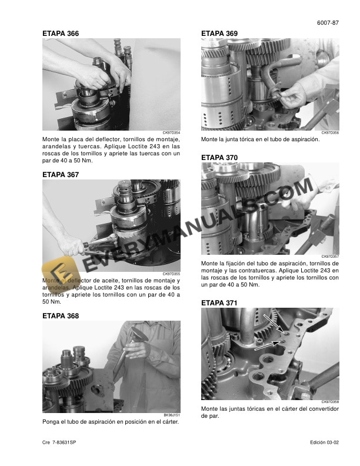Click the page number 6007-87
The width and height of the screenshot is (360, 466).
pyautogui.click(x=328, y=23)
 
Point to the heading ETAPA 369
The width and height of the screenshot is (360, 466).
pyautogui.click(x=219, y=34)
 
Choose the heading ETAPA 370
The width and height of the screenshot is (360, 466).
pyautogui.click(x=219, y=158)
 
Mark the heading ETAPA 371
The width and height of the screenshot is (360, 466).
pyautogui.click(x=219, y=303)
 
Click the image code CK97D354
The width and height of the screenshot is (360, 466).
pyautogui.click(x=171, y=133)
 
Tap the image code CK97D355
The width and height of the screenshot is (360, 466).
pyautogui.click(x=171, y=274)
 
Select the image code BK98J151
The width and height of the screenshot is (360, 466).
pyautogui.click(x=171, y=415)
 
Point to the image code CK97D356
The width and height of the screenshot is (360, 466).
pyautogui.click(x=330, y=133)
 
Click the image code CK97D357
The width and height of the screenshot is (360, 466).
pyautogui.click(x=330, y=257)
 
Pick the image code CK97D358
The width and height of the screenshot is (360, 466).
pyautogui.click(x=330, y=402)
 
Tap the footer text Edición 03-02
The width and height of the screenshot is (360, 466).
pyautogui.click(x=325, y=442)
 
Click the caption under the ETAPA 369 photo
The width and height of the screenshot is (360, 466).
pyautogui.click(x=260, y=139)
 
